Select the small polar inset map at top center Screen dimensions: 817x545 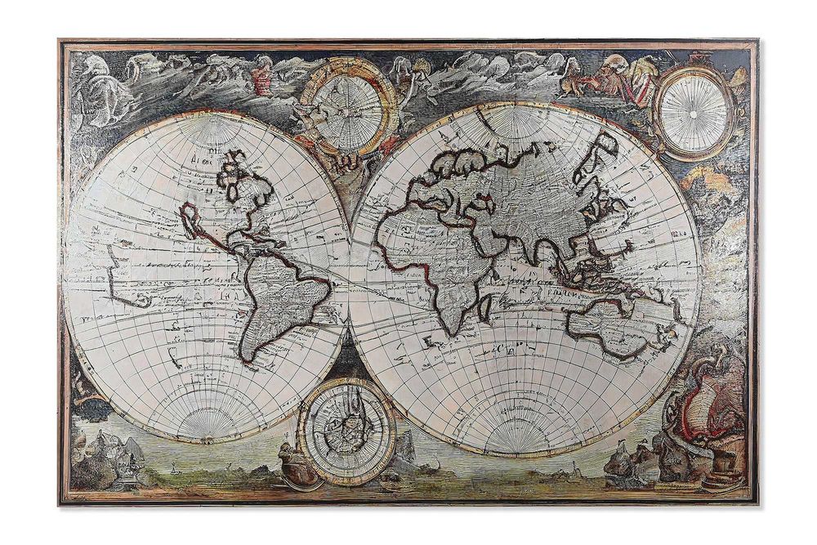pyautogui.click(x=348, y=112)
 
